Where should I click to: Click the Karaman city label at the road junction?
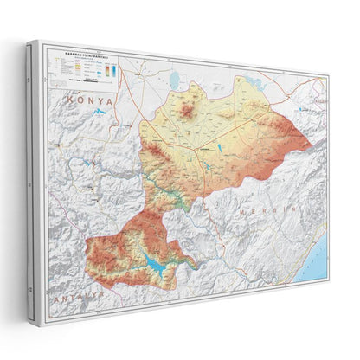pos(204,150)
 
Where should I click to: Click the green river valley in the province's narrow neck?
pos(160,195)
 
